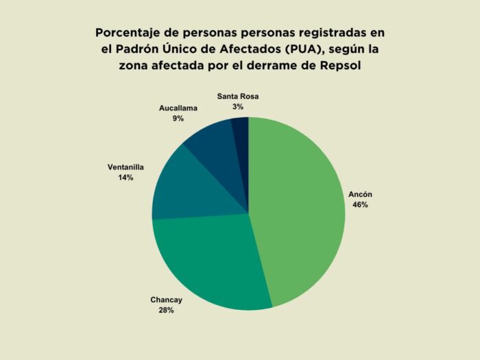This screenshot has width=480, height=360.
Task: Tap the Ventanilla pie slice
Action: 185,189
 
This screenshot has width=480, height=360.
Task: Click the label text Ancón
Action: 360,194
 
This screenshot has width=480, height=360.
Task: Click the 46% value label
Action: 360,204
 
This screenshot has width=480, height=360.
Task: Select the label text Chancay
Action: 167,300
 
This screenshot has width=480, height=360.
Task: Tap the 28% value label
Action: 167,310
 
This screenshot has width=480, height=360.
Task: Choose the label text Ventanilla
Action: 125,167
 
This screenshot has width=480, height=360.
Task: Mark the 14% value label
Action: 125,177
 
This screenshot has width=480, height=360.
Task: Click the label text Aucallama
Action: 178,108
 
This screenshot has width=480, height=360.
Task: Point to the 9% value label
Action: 178,119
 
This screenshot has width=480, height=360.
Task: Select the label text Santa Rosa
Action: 238,96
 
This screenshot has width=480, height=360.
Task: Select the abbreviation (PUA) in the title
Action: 297,49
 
